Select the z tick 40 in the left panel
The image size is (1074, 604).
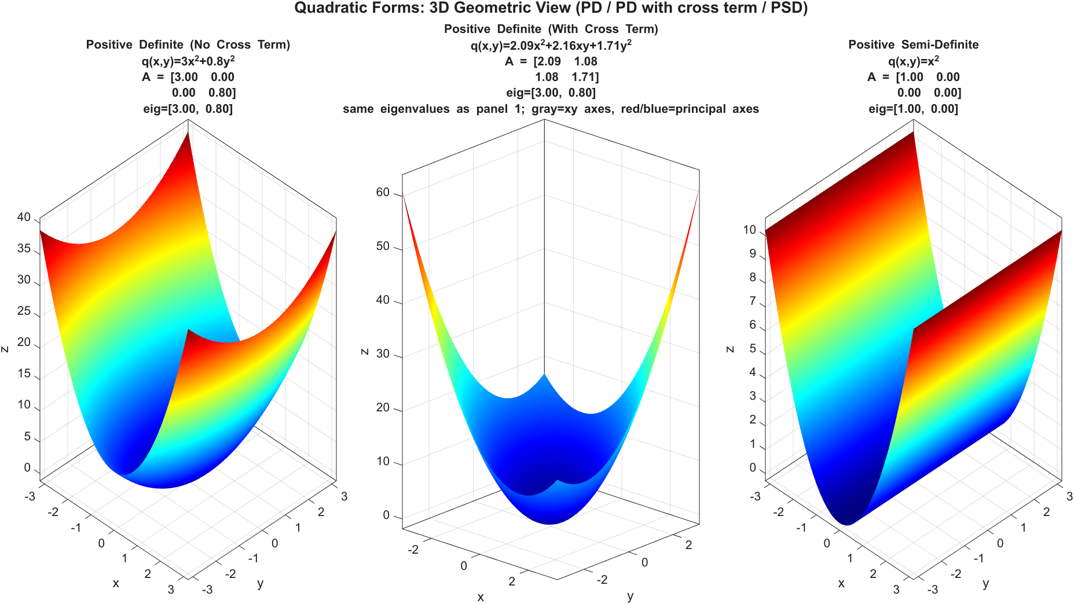pos(24,218)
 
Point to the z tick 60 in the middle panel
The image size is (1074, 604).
pos(383,193)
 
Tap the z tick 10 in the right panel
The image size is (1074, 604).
pos(750,230)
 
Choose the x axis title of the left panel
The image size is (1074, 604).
pos(116,583)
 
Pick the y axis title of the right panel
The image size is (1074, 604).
pos(985,584)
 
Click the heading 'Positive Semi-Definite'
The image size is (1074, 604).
pos(913,45)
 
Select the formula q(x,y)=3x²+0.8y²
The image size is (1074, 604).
pos(188,61)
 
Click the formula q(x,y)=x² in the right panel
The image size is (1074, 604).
pos(913,61)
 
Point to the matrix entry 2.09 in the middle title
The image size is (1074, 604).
pos(547,61)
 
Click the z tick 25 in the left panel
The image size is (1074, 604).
pos(24,311)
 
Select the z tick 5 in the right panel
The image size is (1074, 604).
pos(753,349)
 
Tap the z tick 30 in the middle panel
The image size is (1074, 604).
pos(383,354)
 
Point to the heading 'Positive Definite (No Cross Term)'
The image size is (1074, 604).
pos(188,45)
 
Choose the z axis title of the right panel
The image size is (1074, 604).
pos(730,349)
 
